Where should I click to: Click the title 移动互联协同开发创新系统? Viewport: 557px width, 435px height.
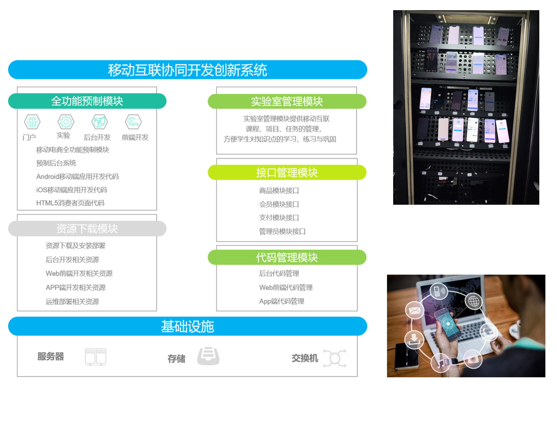[187, 70]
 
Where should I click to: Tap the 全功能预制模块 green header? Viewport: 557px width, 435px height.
[87, 101]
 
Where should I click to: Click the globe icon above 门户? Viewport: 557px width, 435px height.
[32, 122]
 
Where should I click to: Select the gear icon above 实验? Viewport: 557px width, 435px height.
[66, 122]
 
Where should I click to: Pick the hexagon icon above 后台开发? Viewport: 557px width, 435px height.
[100, 122]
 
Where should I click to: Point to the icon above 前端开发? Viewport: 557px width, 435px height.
[133, 122]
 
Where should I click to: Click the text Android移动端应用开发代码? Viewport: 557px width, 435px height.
[77, 176]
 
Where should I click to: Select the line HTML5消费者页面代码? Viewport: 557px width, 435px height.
[70, 203]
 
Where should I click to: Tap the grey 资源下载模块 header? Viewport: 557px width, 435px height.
[87, 229]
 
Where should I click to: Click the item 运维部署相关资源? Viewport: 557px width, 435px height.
[72, 301]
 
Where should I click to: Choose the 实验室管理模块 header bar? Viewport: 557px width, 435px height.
[287, 101]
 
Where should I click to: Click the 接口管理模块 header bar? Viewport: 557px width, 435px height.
[287, 173]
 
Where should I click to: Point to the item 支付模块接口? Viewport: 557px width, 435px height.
[279, 217]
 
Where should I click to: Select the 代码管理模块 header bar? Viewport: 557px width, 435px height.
[287, 257]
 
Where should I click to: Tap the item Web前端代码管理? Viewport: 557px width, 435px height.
[286, 287]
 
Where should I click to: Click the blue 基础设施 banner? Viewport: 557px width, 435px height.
[187, 326]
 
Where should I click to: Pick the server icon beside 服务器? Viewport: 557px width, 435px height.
[95, 357]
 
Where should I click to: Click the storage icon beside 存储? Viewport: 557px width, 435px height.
[208, 356]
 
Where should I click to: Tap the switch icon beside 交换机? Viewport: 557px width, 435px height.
[335, 358]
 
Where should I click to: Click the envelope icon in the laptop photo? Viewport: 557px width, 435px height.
[415, 310]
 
